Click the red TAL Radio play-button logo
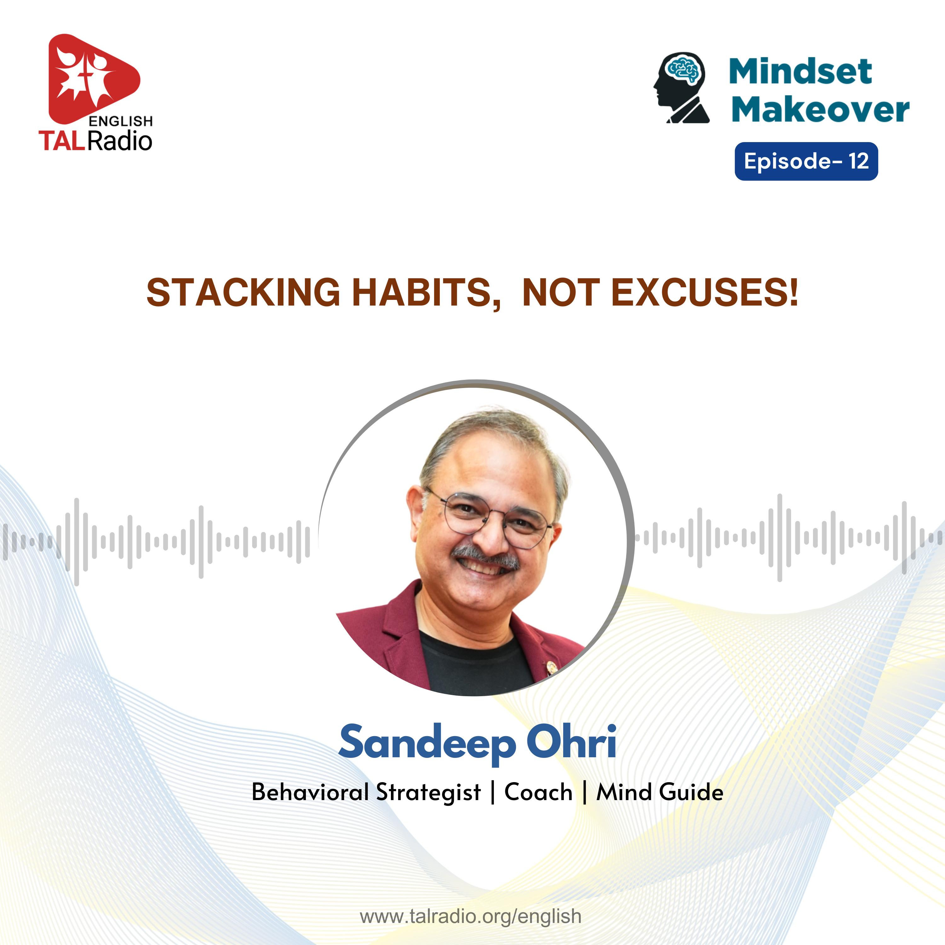click(x=93, y=78)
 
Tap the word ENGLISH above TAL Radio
click(x=121, y=121)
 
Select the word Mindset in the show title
click(x=800, y=72)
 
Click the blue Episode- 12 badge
click(x=806, y=161)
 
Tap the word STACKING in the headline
click(x=243, y=293)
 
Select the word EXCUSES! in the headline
click(x=705, y=293)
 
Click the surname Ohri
click(x=571, y=741)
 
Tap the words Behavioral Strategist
click(x=366, y=793)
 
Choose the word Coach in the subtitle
click(x=538, y=792)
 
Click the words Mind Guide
click(x=659, y=792)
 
